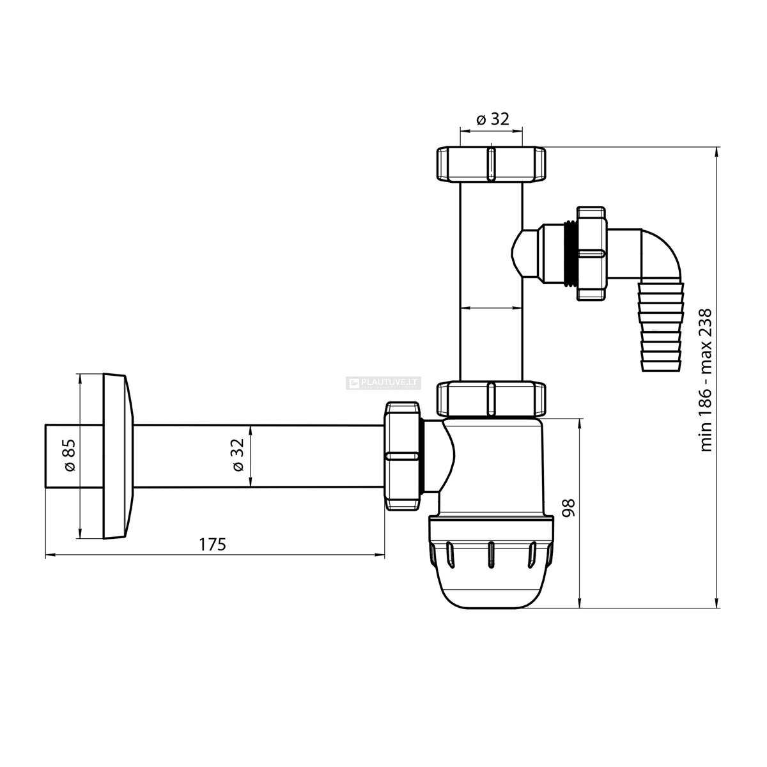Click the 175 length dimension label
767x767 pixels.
click(212, 544)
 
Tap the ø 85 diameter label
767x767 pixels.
click(70, 455)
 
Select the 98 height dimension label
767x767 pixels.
click(570, 507)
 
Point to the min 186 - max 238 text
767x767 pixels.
click(706, 380)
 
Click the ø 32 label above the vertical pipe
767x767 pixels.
click(493, 119)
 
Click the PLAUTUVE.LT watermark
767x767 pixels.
click(383, 383)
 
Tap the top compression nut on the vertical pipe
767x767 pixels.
click(491, 164)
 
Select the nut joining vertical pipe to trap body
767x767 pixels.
click(491, 399)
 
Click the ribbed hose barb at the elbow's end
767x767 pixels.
click(662, 327)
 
